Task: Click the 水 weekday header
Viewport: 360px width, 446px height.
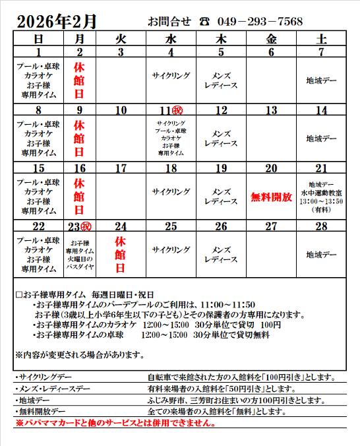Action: (x=171, y=40)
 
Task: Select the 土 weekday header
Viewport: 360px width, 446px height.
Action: (x=321, y=40)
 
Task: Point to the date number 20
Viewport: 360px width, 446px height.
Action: (x=271, y=168)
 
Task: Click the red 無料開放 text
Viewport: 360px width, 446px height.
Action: (x=271, y=196)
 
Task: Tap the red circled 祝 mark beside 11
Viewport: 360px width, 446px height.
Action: (x=177, y=110)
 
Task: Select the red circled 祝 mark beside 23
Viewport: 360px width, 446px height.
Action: (x=86, y=226)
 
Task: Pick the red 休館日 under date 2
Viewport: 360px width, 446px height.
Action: (x=79, y=81)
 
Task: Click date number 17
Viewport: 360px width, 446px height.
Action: (x=121, y=168)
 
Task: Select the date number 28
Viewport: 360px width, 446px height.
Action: (x=321, y=226)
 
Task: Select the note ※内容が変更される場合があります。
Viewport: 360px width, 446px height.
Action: (x=80, y=356)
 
